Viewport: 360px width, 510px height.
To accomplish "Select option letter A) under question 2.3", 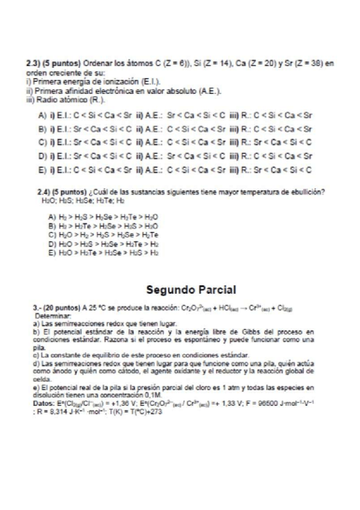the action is [x=41, y=114].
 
